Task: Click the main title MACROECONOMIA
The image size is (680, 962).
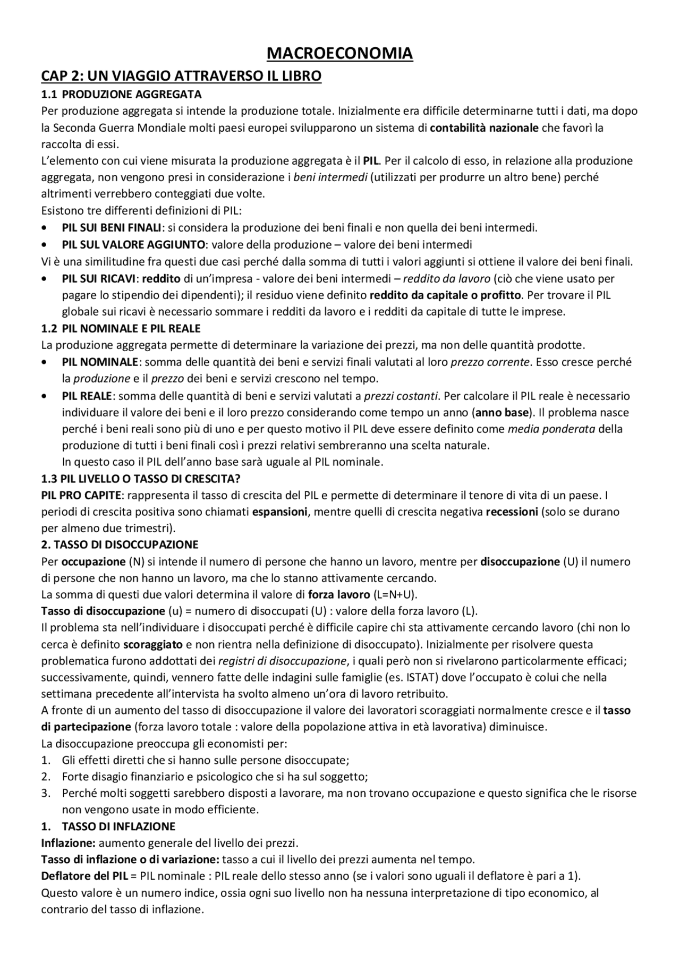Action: (x=339, y=54)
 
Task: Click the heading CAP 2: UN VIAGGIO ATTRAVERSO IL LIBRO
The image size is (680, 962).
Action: (x=181, y=76)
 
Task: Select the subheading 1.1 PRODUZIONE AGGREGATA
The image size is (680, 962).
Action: (x=122, y=95)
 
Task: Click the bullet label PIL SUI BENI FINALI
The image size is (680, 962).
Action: (x=112, y=228)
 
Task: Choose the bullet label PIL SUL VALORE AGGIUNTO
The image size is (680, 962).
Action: (x=133, y=245)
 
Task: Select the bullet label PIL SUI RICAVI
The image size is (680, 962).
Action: (x=98, y=278)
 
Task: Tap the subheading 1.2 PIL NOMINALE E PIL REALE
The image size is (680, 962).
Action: (x=121, y=329)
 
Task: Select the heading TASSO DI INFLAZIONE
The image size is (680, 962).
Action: (x=118, y=827)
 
